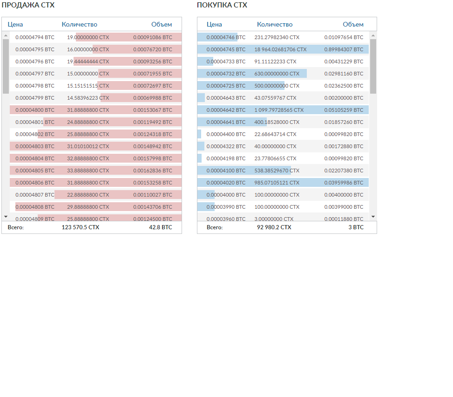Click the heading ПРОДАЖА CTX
[x=28, y=6]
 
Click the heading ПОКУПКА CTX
[x=222, y=6]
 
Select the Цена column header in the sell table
[x=15, y=25]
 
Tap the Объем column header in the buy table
[x=353, y=25]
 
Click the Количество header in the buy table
[x=275, y=25]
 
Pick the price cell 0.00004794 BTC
[x=35, y=37]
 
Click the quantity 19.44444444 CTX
[x=88, y=62]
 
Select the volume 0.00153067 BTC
[x=152, y=110]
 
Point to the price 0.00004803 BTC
[x=35, y=146]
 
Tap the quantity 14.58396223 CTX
[x=88, y=98]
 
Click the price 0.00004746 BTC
[x=226, y=37]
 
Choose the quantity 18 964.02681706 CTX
[x=280, y=49]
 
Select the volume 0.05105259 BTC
[x=344, y=110]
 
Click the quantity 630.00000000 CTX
[x=277, y=74]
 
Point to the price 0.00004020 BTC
[x=226, y=183]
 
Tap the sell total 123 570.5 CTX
[x=81, y=227]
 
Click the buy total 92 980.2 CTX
[x=274, y=227]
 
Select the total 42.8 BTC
[x=160, y=227]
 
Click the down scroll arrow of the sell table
[x=6, y=217]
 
